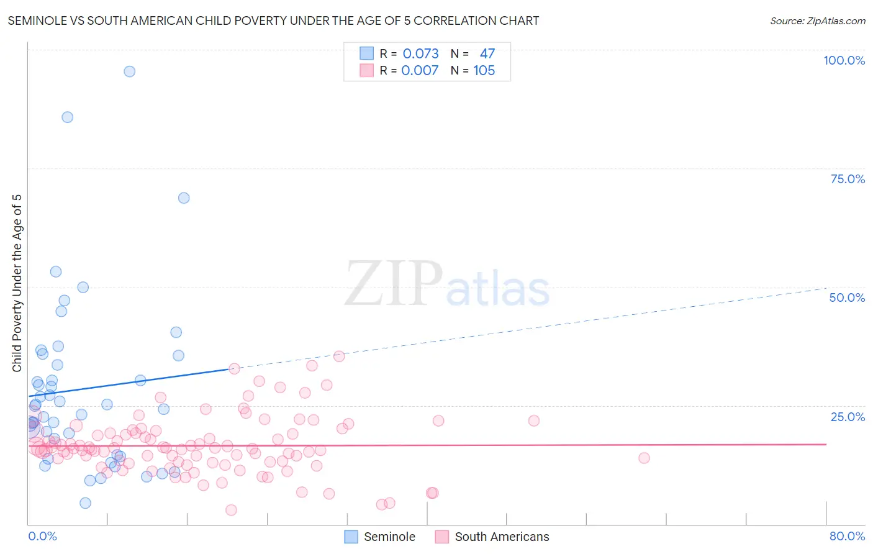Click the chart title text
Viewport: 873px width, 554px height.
tap(273, 20)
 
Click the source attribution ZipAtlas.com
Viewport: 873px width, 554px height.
tap(817, 20)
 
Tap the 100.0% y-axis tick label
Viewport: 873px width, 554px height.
tap(844, 60)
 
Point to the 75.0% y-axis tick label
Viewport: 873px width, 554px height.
tap(848, 179)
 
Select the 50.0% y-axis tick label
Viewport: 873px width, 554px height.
tap(847, 297)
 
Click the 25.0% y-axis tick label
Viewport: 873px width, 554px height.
tap(848, 417)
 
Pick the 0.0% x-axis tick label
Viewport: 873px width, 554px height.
tap(42, 536)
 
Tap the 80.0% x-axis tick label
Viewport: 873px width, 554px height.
tap(847, 536)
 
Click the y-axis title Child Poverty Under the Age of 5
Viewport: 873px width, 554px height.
tap(17, 283)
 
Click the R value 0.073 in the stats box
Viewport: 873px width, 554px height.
tap(420, 54)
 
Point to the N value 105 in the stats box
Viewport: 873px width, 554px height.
tap(484, 71)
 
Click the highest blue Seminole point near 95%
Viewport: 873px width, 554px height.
tap(129, 71)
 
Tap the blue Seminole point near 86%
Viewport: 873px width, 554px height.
tap(67, 117)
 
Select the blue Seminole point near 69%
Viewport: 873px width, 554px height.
tap(184, 198)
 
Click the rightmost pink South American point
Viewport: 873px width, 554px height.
tap(644, 458)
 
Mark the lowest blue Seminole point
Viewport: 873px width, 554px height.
tap(85, 503)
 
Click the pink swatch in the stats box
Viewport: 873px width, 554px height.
tap(367, 71)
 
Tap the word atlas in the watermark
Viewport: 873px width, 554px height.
tap(498, 289)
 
